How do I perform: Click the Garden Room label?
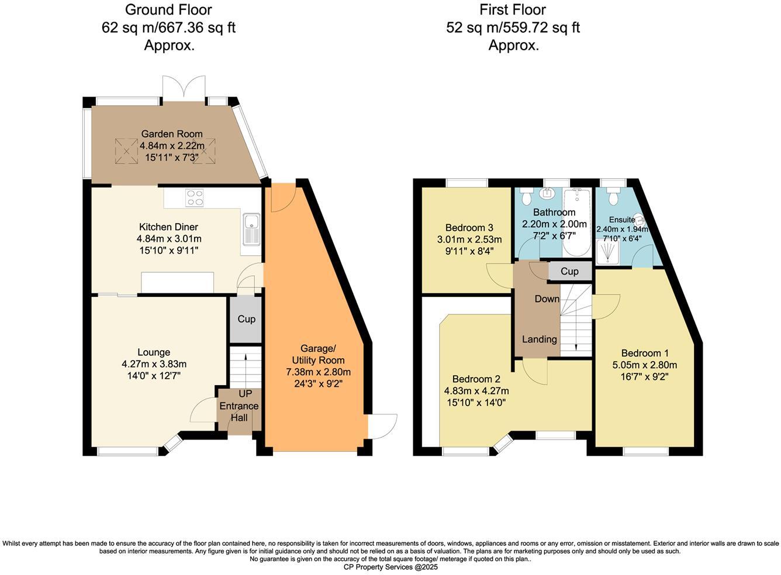pos(171,134)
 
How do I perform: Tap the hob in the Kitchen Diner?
pos(194,199)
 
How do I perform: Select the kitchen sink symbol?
pos(253,227)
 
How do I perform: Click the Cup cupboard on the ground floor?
pos(246,320)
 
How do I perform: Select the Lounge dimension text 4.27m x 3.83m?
pos(154,364)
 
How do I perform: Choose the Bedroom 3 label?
pos(469,228)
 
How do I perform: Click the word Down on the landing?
pos(547,299)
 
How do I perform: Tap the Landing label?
pos(539,340)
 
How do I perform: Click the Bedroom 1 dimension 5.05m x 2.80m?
pos(645,365)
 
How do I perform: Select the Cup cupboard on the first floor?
pos(569,271)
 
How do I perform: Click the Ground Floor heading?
pos(168,10)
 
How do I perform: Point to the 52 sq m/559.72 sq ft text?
pos(513,27)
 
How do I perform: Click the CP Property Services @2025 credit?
pos(390,567)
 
